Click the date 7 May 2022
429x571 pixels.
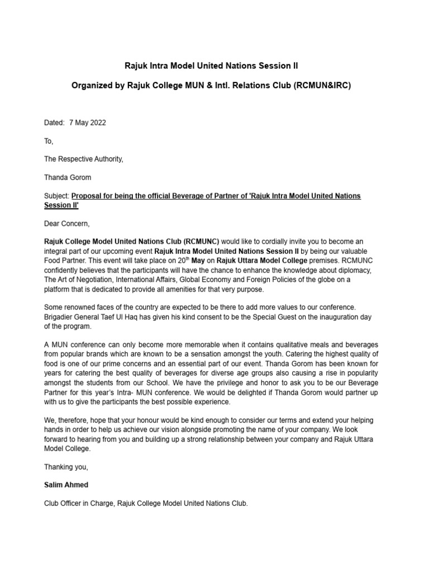point(87,123)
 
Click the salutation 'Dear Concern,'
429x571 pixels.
point(66,223)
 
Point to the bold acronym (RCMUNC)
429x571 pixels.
point(201,241)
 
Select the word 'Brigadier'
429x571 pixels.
point(59,317)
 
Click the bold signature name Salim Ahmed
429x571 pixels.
point(66,485)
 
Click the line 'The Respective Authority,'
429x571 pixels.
point(83,159)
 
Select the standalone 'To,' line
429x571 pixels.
point(49,141)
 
